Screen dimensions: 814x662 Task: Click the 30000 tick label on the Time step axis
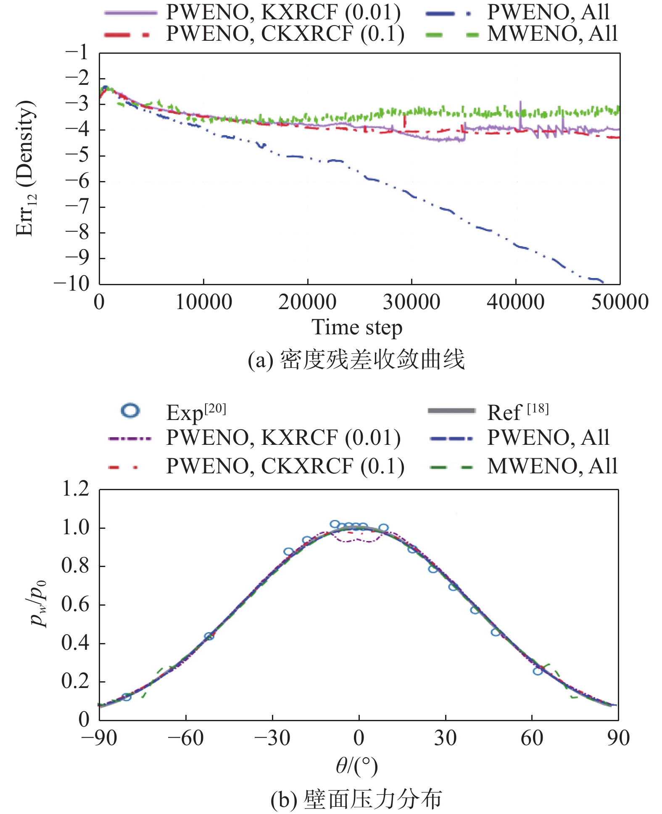[411, 302]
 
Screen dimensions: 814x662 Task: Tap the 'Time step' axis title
[357, 328]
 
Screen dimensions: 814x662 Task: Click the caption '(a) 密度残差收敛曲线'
[356, 360]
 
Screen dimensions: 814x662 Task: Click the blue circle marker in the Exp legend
[130, 410]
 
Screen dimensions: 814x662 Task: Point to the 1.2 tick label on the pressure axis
[76, 489]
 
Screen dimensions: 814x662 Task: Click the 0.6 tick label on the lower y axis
[76, 604]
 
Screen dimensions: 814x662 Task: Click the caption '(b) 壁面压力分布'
[356, 799]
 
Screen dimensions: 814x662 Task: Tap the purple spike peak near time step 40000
[520, 102]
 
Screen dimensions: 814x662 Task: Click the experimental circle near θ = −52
[209, 636]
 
